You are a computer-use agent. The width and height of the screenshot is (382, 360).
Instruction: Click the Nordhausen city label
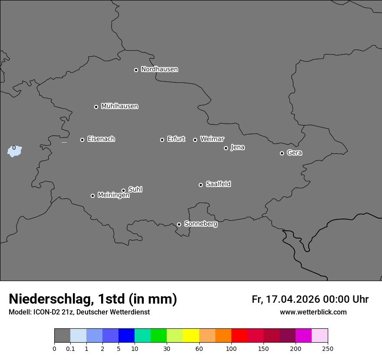[159, 69]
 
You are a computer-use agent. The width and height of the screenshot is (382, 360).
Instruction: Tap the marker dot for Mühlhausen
[96, 107]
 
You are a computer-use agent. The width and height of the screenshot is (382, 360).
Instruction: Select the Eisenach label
[101, 139]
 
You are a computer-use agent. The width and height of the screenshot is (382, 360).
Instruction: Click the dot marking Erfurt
[162, 140]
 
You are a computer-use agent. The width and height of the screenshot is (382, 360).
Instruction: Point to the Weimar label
[212, 139]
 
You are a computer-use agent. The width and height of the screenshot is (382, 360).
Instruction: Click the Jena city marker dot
[226, 148]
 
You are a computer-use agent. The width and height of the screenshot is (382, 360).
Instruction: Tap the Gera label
[294, 153]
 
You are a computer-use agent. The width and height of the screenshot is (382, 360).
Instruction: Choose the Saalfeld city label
[218, 184]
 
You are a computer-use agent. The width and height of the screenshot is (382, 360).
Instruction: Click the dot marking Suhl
[123, 190]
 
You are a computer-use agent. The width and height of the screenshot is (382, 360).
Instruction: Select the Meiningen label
[113, 196]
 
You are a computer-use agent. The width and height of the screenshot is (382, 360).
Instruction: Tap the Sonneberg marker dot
[179, 224]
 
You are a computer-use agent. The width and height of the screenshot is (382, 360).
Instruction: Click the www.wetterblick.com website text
[313, 312]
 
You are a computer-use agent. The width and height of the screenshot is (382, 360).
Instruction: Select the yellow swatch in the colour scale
[191, 336]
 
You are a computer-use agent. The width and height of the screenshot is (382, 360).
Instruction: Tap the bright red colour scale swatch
[239, 336]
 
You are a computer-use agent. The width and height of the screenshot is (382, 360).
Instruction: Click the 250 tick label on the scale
[328, 349]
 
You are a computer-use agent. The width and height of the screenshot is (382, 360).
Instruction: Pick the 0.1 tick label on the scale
[70, 349]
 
